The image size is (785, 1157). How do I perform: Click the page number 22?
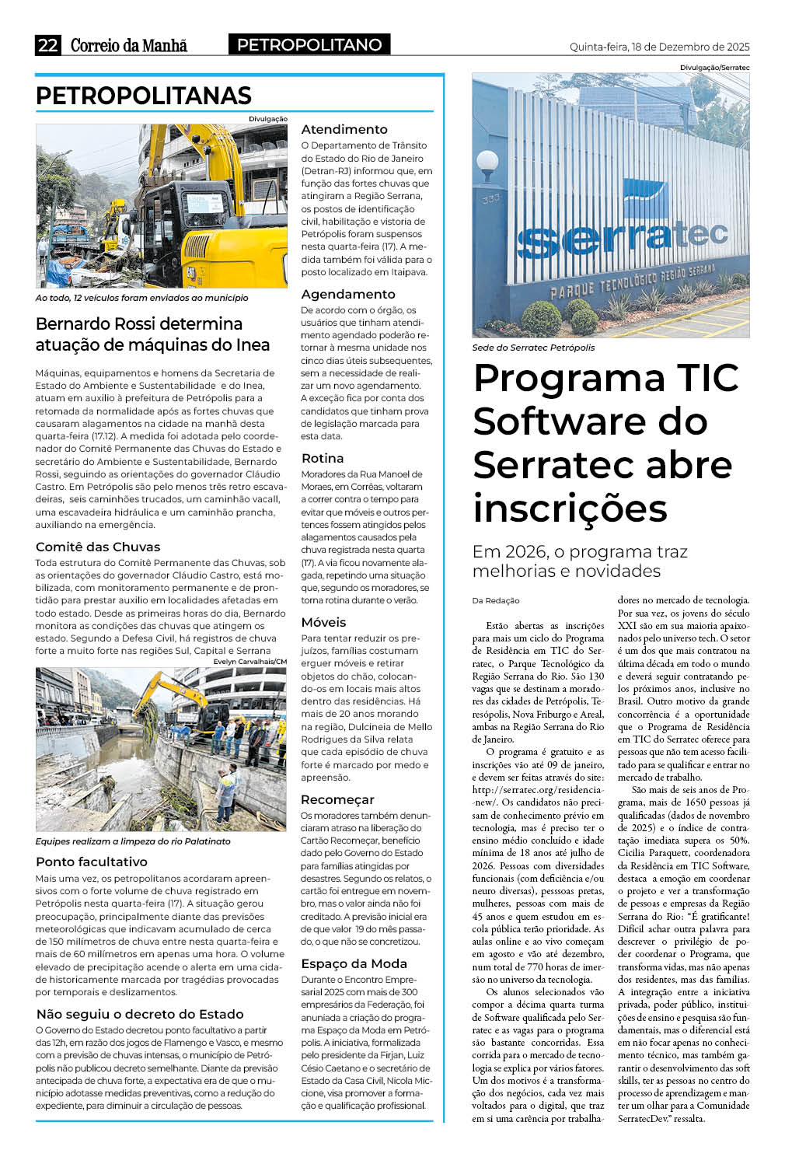point(47,45)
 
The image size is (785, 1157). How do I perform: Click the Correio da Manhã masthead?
point(129,45)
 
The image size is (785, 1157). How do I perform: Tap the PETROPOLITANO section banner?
point(309,45)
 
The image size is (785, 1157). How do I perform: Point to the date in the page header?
point(659,47)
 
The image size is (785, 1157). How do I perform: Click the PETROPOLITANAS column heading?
point(144,96)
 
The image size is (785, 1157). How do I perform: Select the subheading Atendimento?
point(344,129)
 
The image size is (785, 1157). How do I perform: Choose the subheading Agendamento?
point(348,294)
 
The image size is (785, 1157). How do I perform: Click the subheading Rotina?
point(323,458)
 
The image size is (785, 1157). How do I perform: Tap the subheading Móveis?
point(324,622)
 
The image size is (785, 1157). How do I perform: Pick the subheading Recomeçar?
point(338,799)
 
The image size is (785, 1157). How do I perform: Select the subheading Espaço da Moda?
point(354,963)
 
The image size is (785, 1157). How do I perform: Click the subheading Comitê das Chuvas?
point(98,547)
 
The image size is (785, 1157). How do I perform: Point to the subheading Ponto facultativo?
point(92,862)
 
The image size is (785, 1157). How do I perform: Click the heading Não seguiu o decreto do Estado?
point(140,1014)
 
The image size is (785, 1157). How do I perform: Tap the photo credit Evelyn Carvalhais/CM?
point(249,662)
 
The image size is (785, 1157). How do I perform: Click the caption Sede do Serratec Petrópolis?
point(533,348)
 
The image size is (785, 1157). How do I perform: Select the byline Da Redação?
point(496,600)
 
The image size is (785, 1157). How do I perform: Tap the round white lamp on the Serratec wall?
point(487,163)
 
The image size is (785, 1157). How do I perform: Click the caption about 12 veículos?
point(142,298)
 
